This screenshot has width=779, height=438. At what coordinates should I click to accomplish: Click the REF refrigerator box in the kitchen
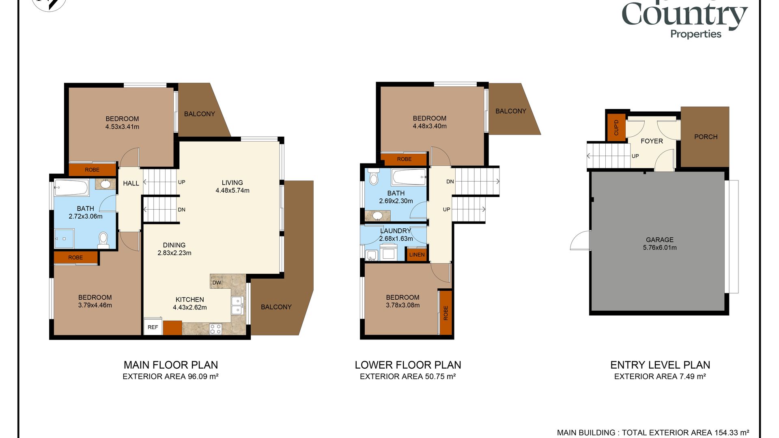click(x=153, y=327)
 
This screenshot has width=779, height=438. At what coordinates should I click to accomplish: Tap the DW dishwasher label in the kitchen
click(x=217, y=283)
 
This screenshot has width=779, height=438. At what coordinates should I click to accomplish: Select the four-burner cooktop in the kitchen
click(x=215, y=329)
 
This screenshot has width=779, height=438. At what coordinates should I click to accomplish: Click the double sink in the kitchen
click(x=237, y=305)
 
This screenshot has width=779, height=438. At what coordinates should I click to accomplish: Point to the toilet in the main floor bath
click(x=103, y=240)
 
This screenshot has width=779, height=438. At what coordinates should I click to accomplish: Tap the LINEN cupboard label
click(x=417, y=255)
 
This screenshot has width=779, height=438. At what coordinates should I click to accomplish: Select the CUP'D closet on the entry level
click(x=616, y=127)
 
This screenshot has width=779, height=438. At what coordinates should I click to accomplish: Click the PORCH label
click(x=706, y=137)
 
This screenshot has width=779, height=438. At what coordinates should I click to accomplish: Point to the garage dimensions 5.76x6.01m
click(x=660, y=248)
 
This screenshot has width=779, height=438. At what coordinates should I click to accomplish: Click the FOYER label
click(x=652, y=141)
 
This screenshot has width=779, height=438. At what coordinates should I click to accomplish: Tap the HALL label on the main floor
click(x=131, y=183)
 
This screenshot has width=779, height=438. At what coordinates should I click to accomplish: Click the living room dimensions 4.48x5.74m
click(x=232, y=191)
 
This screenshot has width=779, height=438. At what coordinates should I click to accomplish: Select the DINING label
click(x=174, y=245)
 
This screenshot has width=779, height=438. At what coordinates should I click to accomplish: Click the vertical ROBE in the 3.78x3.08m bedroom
click(x=446, y=313)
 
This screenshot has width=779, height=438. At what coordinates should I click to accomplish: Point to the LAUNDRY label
click(x=396, y=231)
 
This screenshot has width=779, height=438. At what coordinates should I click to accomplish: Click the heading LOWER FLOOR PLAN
click(x=408, y=365)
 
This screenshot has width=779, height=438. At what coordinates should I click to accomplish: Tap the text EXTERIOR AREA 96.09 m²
click(x=170, y=376)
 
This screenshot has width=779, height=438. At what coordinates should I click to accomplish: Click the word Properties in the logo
click(x=696, y=34)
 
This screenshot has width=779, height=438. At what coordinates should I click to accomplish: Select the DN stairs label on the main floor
click(x=181, y=210)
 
